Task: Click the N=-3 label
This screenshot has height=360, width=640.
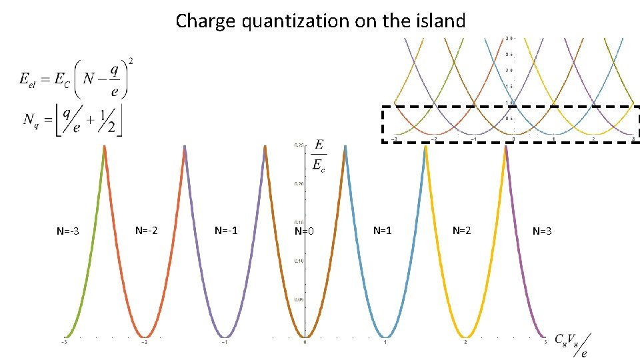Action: point(68,232)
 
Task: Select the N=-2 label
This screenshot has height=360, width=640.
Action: point(147,231)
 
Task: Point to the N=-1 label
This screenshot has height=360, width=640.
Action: point(226,231)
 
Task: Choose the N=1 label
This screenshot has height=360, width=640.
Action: point(382,231)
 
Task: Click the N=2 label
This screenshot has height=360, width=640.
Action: point(461,231)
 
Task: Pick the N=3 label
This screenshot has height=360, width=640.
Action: point(542,231)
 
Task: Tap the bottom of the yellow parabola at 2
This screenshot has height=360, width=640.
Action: point(466,337)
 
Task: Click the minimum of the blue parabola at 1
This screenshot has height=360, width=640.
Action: point(385,337)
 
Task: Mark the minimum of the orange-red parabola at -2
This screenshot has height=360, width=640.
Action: point(145,337)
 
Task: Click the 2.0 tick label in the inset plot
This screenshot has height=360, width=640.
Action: point(508,70)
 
